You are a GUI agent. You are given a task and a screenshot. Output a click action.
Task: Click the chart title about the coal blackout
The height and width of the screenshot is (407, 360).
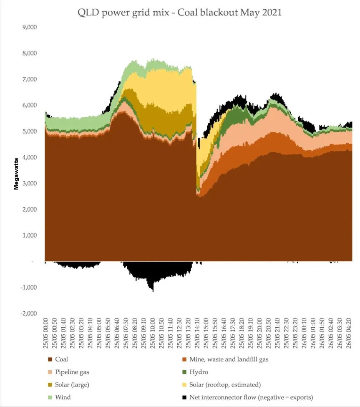click(x=180, y=13)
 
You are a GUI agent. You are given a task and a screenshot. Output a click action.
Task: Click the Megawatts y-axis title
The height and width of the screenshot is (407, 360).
click(x=16, y=173)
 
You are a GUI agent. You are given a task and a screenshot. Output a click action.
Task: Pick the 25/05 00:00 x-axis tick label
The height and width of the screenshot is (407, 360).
click(x=46, y=334)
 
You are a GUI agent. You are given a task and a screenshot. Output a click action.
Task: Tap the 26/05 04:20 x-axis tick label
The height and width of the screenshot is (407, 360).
click(x=348, y=334)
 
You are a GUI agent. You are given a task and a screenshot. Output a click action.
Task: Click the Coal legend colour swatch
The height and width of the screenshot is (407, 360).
click(x=50, y=359)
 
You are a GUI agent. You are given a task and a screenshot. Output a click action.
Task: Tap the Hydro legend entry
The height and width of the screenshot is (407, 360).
click(x=198, y=372)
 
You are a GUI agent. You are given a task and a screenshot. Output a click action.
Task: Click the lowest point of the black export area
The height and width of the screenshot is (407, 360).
click(x=153, y=290)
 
